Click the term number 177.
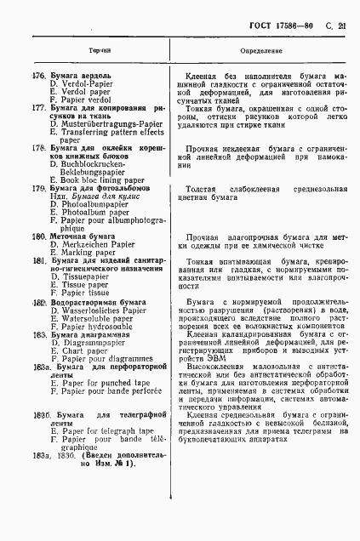click(39, 108)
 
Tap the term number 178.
click(39, 148)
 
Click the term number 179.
click(39, 188)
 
